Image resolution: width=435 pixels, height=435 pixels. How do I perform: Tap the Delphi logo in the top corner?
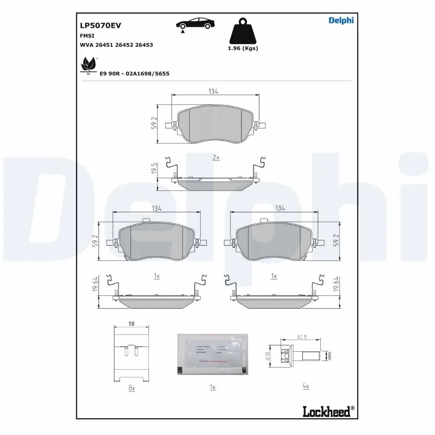pos(341,21)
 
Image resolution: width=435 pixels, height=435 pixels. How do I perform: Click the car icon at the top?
pos(194,24)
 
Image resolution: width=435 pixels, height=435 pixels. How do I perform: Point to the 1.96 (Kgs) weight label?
pos(242,48)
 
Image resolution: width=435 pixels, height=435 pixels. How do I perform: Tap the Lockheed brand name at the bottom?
pos(325,411)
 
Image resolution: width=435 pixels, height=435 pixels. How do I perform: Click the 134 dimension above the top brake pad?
pos(213,92)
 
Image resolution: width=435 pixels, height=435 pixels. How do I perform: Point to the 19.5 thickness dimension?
pos(154,169)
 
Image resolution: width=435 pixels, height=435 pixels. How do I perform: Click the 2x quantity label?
pos(216,157)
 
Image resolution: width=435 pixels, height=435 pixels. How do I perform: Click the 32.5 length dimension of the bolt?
pos(302,337)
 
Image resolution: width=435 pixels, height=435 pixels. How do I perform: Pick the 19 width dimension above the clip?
pos(131,324)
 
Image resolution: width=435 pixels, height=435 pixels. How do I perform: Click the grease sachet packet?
pos(213,354)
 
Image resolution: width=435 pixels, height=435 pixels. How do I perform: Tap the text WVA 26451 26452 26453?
pos(116,45)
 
